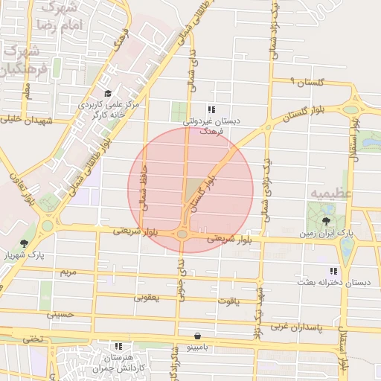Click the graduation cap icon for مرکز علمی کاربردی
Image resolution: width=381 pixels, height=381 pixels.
108,94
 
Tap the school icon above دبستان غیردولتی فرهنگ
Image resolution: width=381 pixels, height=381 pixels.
212,109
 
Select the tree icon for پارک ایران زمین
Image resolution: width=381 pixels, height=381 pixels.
326,222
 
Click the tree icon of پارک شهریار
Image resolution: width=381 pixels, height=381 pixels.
24,243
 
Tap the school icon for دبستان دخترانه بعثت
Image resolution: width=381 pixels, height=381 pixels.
333,271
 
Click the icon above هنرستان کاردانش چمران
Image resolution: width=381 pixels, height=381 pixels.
118,346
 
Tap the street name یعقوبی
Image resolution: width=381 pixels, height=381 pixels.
147,297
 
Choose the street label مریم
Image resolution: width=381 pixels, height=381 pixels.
68,272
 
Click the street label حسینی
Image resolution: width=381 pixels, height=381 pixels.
62,314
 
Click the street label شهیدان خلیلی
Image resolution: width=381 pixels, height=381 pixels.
28,119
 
